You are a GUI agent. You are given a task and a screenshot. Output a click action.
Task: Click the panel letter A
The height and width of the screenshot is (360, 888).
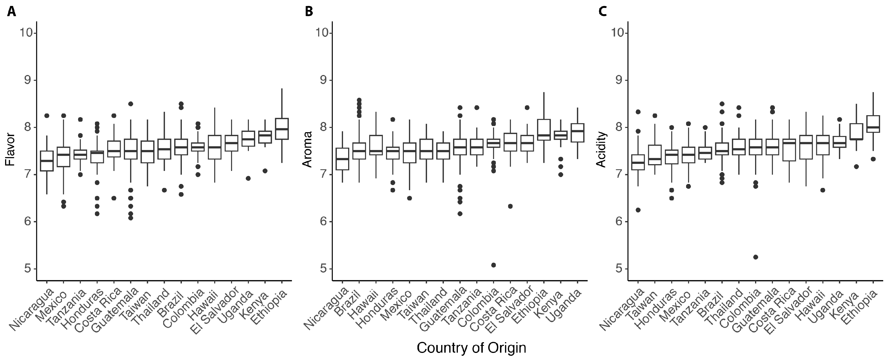click(12, 11)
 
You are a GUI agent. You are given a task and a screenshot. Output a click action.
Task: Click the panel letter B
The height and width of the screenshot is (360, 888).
click(309, 11)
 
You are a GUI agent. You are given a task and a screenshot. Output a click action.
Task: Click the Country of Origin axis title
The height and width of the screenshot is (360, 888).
click(471, 348)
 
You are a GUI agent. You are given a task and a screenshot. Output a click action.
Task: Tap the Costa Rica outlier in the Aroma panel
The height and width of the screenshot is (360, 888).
click(510, 206)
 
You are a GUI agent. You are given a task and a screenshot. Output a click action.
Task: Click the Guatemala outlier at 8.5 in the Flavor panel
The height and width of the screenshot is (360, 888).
click(131, 104)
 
